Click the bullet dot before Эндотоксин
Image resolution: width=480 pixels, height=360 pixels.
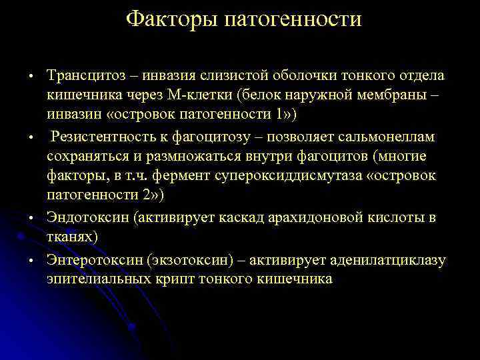31,219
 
